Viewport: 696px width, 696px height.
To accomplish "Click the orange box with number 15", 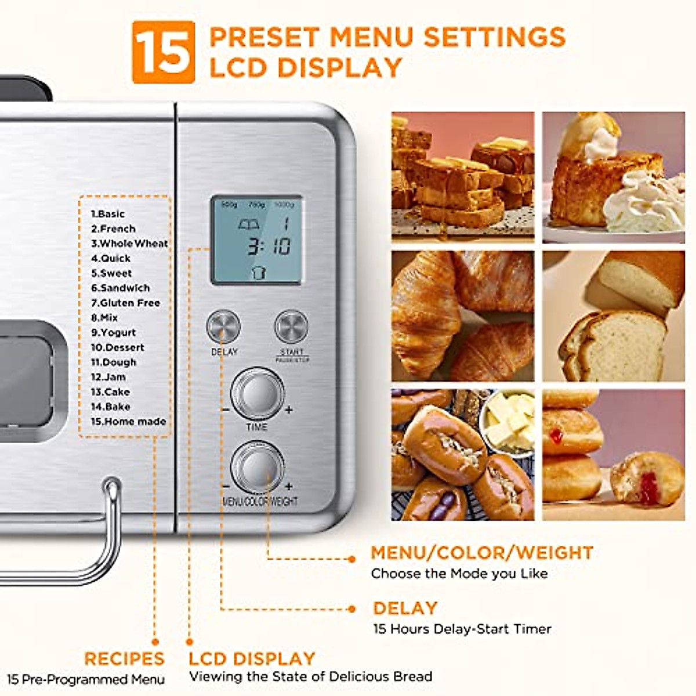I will tap(163, 52).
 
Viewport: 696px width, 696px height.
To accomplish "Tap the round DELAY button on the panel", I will tap(223, 327).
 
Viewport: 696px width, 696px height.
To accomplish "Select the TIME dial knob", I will tap(257, 394).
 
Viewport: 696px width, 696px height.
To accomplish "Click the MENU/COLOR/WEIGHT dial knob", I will tap(257, 467).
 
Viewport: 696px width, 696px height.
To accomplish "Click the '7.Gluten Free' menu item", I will tap(125, 303).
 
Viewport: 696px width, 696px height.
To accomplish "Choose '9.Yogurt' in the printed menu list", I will tap(113, 332).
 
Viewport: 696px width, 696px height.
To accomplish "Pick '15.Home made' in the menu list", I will tap(128, 422).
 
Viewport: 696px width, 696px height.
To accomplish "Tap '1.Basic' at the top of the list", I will tap(107, 213).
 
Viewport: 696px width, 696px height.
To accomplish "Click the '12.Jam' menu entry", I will tap(108, 377).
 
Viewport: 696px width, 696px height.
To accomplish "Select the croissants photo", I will tap(462, 316).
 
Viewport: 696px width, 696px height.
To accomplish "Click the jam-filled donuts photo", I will tap(613, 454).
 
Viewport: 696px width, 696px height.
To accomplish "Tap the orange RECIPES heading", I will tap(124, 659).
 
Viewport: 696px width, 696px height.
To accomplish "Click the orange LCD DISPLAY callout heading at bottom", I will tap(252, 659).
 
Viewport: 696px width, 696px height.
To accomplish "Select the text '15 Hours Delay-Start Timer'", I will tap(462, 629).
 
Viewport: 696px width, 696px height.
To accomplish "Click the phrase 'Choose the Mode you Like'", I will tap(459, 574).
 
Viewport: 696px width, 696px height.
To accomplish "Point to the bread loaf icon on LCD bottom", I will tap(259, 273).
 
